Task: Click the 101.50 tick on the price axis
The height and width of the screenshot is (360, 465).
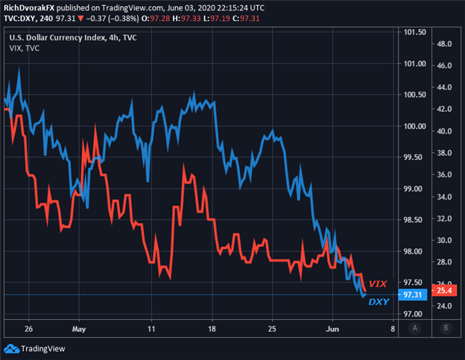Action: (x=414, y=32)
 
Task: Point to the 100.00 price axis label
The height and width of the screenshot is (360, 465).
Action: (x=414, y=126)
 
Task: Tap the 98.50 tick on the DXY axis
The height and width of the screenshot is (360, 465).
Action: (x=414, y=220)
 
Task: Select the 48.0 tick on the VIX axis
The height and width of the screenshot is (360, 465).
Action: (x=446, y=43)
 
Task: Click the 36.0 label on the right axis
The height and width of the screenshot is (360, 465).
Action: (x=446, y=174)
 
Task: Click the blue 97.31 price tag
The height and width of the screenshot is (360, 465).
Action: (x=413, y=295)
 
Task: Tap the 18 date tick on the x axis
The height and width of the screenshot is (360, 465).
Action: (x=212, y=327)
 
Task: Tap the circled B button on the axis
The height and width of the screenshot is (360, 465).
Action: (x=446, y=327)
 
